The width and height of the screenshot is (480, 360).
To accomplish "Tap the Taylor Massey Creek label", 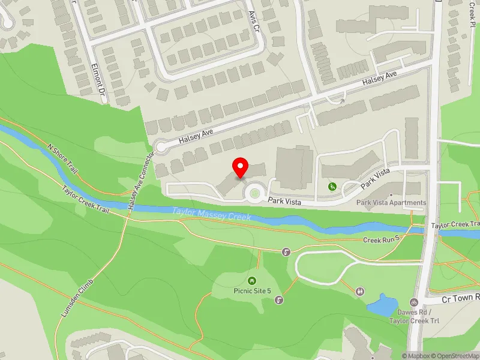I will [211, 214].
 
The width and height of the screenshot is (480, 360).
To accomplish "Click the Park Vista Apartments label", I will [391, 203].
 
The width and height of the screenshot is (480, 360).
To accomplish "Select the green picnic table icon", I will [252, 280].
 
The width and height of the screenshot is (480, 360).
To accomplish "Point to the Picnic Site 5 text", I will [252, 290].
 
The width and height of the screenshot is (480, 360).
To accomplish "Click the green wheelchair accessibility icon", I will [332, 187].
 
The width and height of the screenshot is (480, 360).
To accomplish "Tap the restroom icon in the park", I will [360, 291].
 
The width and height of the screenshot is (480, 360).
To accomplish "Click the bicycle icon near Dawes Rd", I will [413, 302].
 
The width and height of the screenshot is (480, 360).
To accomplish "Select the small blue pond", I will [379, 305].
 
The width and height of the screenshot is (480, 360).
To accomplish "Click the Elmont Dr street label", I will [97, 82].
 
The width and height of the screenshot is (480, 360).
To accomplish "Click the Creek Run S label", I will [381, 240].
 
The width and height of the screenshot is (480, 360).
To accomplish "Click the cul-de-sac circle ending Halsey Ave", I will [161, 146].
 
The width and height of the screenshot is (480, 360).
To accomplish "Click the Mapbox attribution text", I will [415, 356].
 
